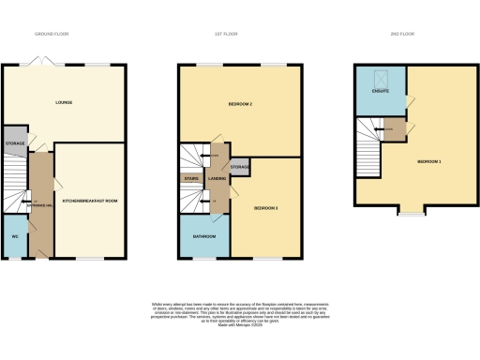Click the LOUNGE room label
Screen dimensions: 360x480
(64, 102)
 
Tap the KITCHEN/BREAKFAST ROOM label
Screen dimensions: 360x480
(89, 201)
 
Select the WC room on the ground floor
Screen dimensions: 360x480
(15, 235)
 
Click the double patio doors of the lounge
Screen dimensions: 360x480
(38, 62)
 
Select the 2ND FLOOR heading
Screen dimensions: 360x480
(401, 33)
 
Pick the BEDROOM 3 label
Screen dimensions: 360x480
(266, 208)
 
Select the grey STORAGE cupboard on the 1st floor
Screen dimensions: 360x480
(240, 167)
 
